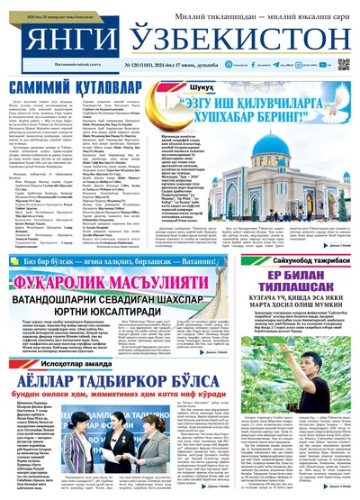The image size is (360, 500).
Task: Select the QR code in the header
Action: [x=343, y=65]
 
